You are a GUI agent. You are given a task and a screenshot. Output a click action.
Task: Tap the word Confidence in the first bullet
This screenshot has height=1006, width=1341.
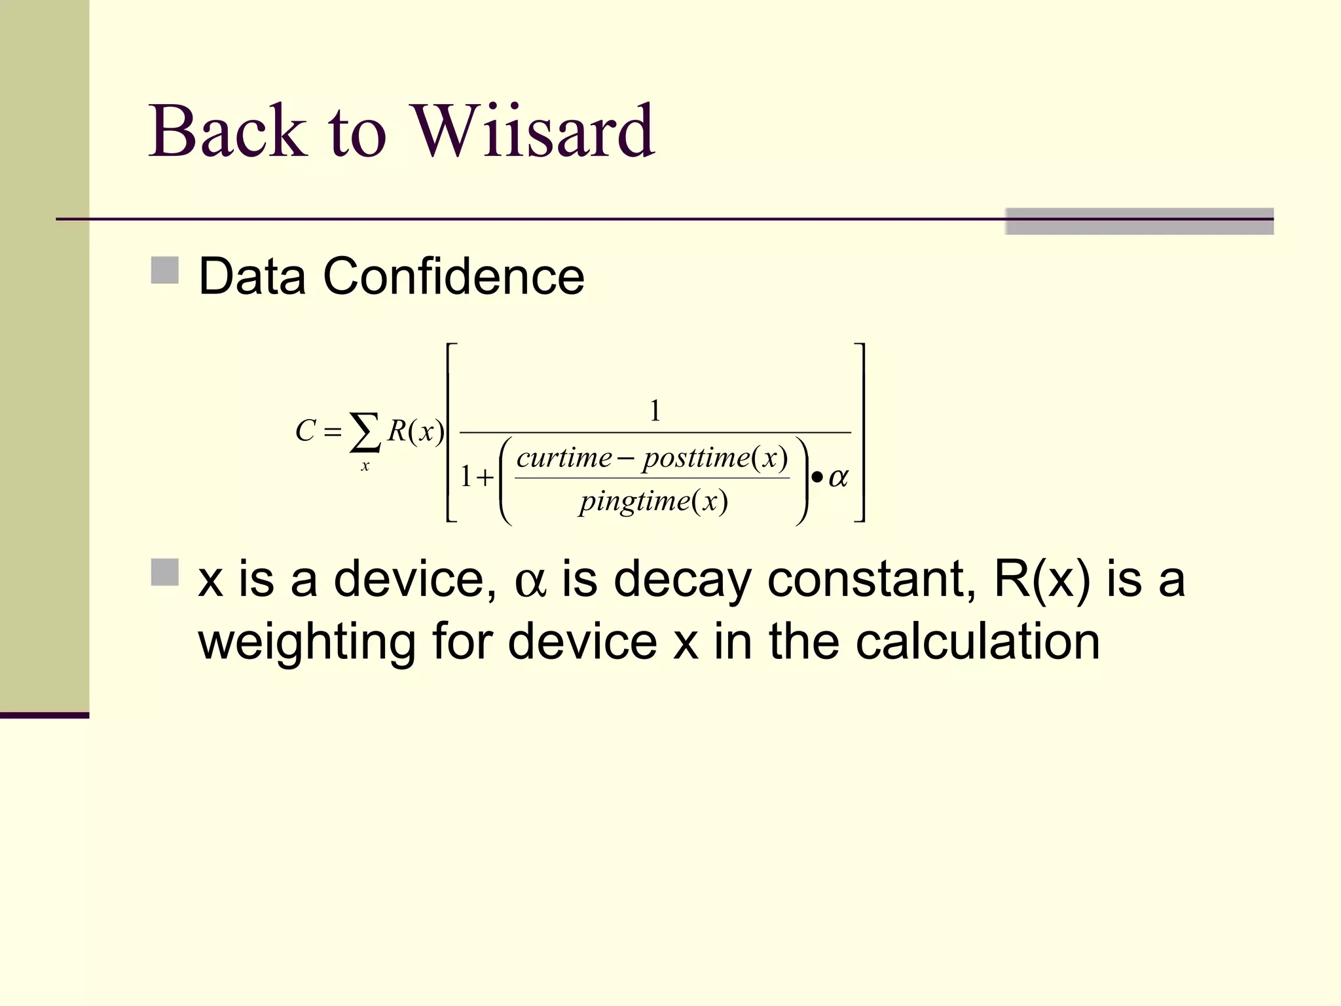(453, 276)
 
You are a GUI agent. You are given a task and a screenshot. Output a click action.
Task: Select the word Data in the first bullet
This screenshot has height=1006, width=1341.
(252, 276)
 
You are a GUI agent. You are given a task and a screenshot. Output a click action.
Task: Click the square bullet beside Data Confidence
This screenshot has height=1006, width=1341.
(164, 270)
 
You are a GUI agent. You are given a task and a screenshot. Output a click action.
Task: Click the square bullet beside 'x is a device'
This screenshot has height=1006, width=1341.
(164, 572)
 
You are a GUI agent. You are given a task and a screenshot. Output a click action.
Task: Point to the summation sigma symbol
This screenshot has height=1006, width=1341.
(365, 432)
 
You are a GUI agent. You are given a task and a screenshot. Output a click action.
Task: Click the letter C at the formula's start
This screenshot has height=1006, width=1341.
(305, 431)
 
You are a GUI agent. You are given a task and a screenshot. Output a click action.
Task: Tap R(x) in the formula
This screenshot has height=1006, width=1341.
(416, 431)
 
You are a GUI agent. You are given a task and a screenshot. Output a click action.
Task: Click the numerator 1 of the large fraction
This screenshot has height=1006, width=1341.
(655, 411)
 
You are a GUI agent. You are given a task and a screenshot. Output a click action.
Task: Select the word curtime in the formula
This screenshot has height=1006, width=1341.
(564, 457)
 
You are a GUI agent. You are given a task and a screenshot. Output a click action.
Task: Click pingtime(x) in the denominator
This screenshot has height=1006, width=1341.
(653, 502)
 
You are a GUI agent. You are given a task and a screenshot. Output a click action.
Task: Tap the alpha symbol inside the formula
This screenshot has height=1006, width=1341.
(838, 477)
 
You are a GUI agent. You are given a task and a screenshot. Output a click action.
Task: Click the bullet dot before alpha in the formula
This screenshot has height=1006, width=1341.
(817, 477)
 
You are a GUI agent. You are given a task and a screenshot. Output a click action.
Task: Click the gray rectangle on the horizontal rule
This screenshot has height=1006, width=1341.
(1139, 221)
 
